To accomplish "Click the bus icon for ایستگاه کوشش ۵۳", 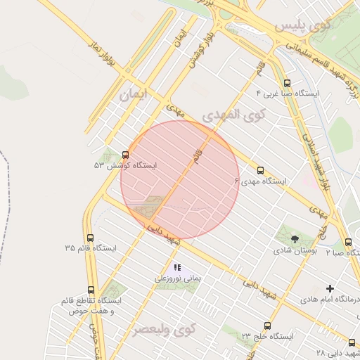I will tap(126, 155).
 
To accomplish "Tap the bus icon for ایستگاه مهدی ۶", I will tap(261, 170).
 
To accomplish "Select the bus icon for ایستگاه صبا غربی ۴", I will tap(286, 82).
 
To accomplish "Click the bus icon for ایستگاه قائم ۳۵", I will tap(89, 238).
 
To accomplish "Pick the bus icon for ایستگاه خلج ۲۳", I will tap(266, 326).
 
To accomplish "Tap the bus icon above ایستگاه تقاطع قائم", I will tap(91, 290).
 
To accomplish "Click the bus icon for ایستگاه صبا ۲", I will tap(348, 242).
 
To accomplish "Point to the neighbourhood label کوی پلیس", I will tap(302, 26).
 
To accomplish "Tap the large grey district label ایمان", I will tap(135, 94).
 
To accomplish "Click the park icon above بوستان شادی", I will tap(294, 239).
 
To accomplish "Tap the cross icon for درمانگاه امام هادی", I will tap(330, 288).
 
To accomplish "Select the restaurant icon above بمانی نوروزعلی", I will tap(177, 267).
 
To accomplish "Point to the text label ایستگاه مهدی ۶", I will tap(261, 181).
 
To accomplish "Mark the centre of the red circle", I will tap(180, 180).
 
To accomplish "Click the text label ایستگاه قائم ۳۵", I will tap(90, 248).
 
